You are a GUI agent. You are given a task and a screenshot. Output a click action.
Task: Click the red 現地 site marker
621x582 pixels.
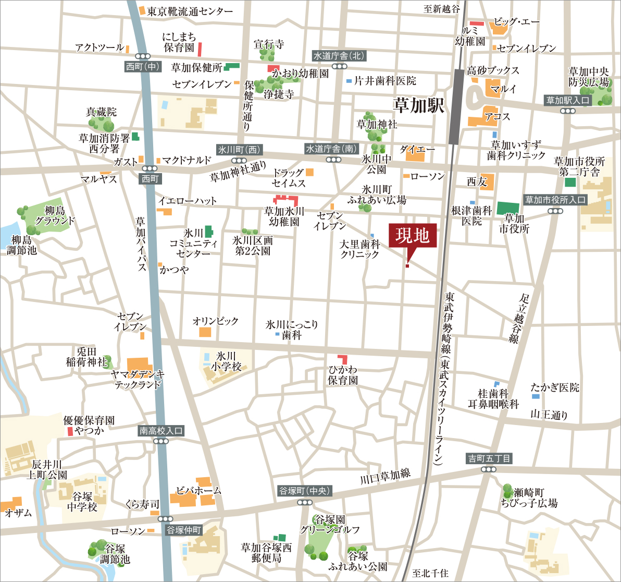click(412, 237)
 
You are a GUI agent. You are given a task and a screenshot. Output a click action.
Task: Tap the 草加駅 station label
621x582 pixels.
click(419, 106)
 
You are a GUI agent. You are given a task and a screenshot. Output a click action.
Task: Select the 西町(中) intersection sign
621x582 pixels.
click(142, 66)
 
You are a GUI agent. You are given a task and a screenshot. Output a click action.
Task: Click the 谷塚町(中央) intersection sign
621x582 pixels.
click(305, 491)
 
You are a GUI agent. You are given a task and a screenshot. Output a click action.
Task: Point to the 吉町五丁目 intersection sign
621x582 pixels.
click(489, 458)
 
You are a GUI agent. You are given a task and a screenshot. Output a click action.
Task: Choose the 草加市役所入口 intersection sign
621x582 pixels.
click(555, 200)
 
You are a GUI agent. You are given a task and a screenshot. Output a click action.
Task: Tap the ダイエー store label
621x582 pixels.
click(417, 150)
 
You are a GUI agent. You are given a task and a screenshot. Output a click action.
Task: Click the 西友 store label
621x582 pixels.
click(476, 181)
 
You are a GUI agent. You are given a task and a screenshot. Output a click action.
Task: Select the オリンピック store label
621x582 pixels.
click(215, 321)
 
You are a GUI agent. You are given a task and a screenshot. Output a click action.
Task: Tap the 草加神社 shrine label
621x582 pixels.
click(377, 124)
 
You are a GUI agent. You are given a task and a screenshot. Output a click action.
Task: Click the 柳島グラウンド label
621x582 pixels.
click(52, 215)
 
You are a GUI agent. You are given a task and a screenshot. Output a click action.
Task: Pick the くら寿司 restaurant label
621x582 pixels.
click(142, 504)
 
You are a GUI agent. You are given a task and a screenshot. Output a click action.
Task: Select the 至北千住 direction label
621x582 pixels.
click(430, 573)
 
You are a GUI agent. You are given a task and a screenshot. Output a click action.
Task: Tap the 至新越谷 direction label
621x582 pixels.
click(442, 9)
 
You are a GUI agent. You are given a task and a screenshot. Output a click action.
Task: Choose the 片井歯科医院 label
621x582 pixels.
click(385, 81)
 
